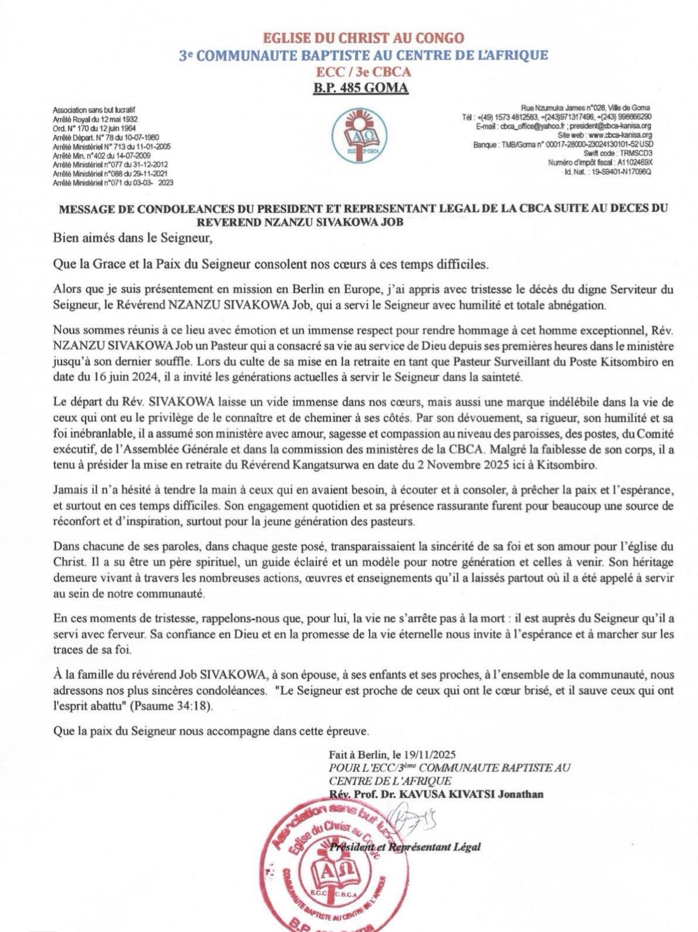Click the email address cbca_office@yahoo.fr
(527, 126)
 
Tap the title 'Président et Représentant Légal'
(405, 846)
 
